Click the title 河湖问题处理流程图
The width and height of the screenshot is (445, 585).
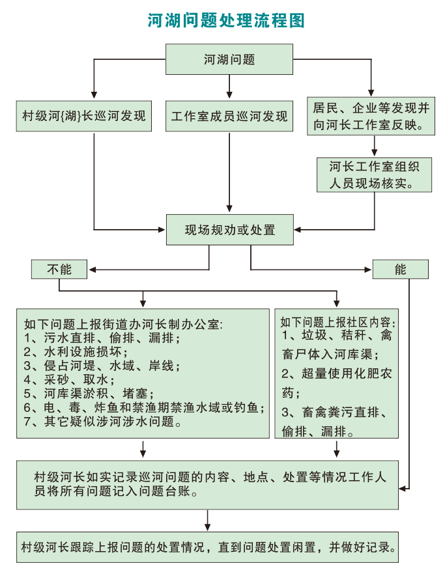click(225, 21)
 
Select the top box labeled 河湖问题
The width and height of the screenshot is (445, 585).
click(229, 60)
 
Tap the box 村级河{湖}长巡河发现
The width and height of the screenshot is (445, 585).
click(84, 116)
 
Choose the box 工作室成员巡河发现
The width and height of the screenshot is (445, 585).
click(229, 116)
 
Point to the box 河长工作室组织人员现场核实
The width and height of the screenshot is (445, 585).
click(374, 174)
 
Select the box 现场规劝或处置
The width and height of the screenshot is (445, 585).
click(230, 230)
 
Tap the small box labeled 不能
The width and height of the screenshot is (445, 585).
click(59, 269)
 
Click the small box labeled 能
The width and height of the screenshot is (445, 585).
click(400, 269)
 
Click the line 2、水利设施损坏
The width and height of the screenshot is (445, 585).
click(76, 352)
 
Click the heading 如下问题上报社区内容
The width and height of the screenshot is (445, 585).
click(337, 322)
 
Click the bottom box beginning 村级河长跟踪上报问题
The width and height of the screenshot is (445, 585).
click(208, 547)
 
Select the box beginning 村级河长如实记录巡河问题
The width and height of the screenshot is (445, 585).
click(208, 484)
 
